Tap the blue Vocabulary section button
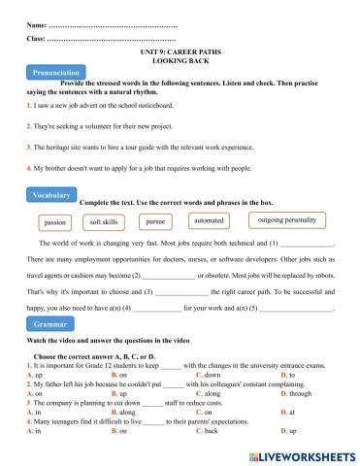pyautogui.click(x=52, y=195)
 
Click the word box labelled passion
pyautogui.click(x=56, y=221)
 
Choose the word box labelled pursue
pyautogui.click(x=155, y=221)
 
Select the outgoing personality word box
pyautogui.click(x=287, y=220)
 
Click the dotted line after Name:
pyautogui.click(x=112, y=22)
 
